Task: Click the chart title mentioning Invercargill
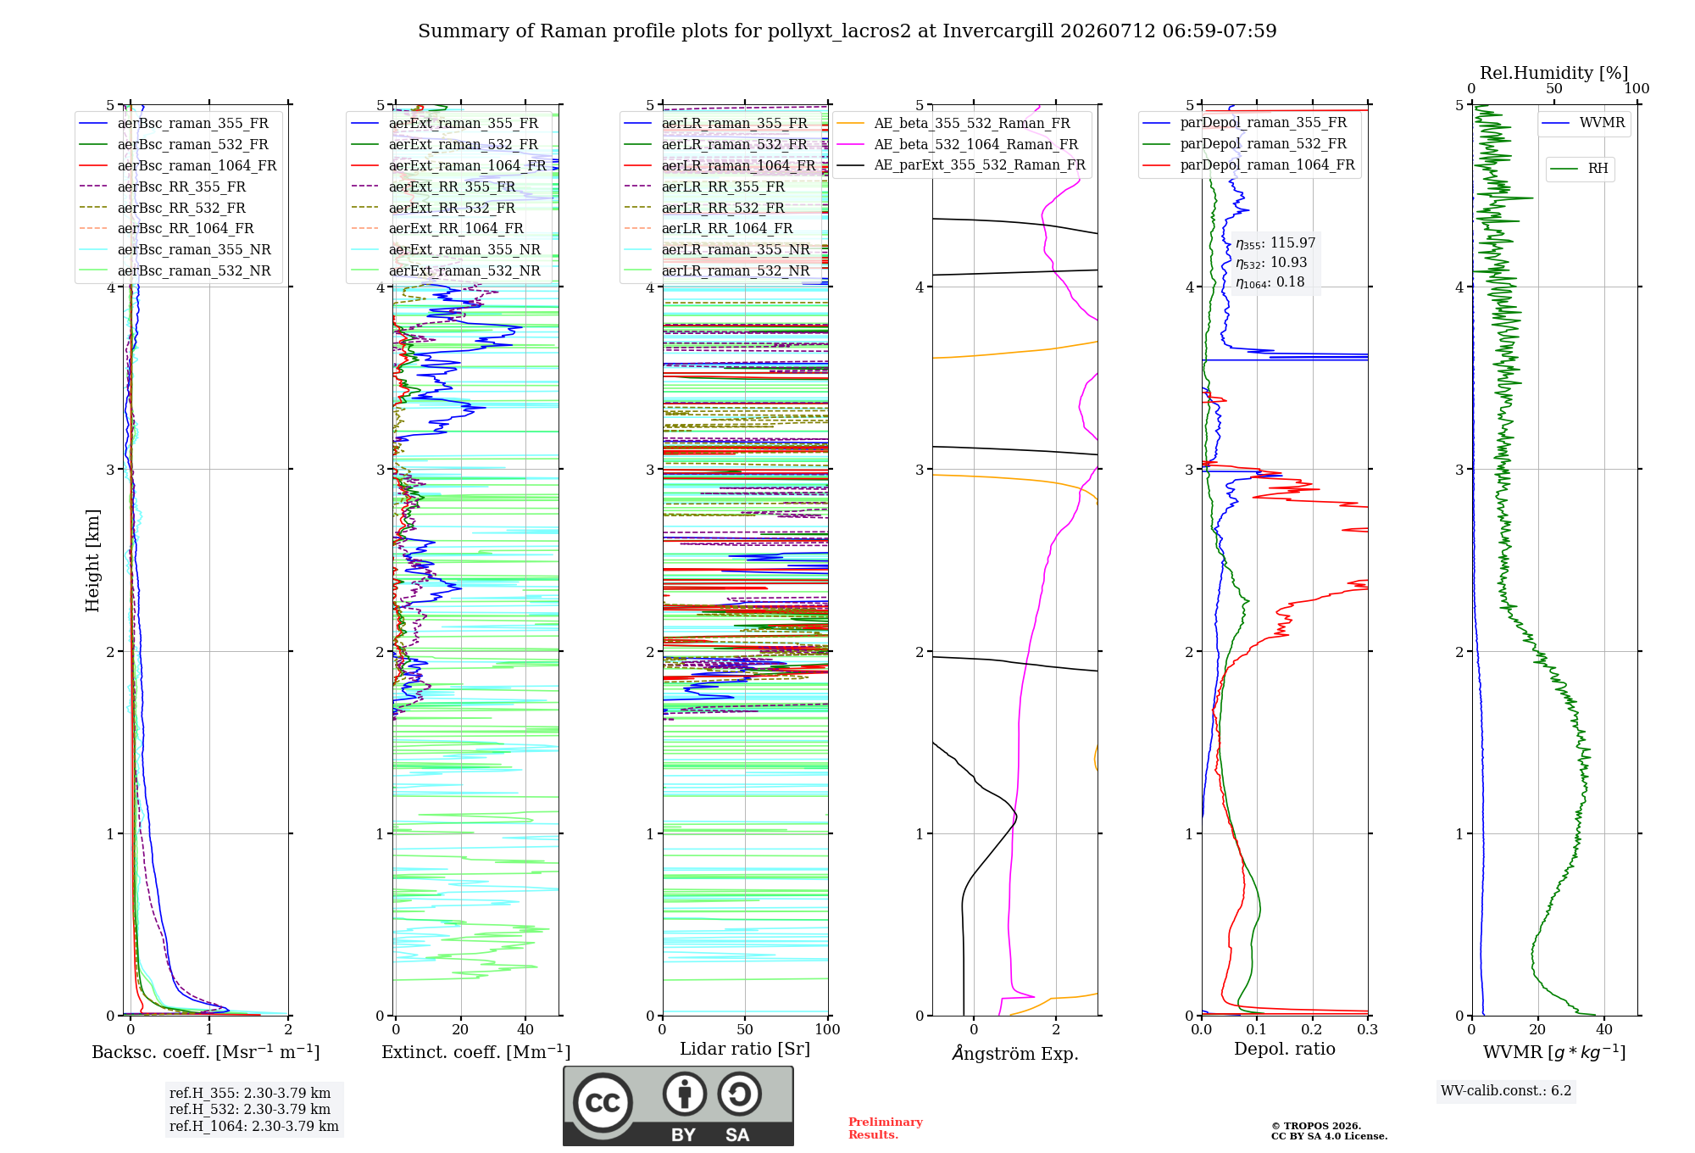tap(847, 31)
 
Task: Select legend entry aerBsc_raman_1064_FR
tap(177, 165)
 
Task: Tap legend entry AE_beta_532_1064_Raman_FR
tap(958, 144)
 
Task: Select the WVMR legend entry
tap(1584, 123)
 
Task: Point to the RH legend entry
tap(1580, 169)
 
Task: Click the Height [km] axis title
tap(92, 560)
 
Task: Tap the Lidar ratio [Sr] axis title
tap(745, 1049)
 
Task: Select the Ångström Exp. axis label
tap(1015, 1053)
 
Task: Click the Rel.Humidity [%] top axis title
tap(1554, 73)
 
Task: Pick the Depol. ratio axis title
tap(1285, 1049)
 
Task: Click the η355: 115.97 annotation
tap(1275, 243)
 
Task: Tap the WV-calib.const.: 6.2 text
tap(1506, 1091)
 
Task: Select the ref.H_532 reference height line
tap(250, 1109)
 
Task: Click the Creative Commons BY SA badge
tap(678, 1106)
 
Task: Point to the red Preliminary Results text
tap(885, 1128)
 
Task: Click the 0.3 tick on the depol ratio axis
tap(1367, 1030)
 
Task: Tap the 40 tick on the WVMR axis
tap(1604, 1030)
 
